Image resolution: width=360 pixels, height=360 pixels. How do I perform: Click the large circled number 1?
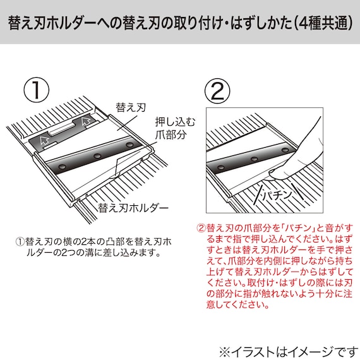(x=37, y=90)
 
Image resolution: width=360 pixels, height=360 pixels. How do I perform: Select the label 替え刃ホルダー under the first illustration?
(x=133, y=206)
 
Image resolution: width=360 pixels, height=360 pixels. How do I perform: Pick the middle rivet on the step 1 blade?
(x=97, y=155)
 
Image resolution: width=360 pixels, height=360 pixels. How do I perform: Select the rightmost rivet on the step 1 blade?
(x=131, y=146)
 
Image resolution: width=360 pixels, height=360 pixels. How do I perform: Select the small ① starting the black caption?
(x=19, y=241)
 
